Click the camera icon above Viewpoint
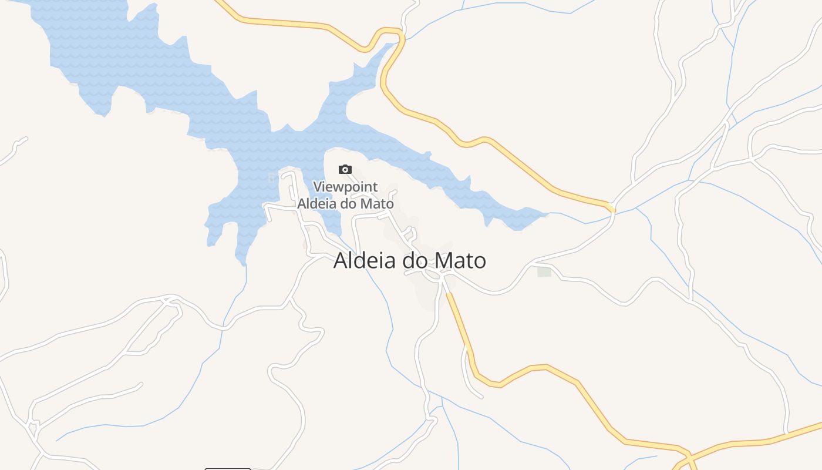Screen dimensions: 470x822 (x=345, y=170)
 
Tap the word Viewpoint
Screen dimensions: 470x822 (x=345, y=187)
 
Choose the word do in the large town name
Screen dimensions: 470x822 (x=415, y=261)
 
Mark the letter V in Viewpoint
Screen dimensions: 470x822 (x=317, y=187)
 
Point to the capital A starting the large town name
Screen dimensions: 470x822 (x=341, y=261)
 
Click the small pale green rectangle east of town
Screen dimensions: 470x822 (x=544, y=271)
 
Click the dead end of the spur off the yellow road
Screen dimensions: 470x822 (x=481, y=397)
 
